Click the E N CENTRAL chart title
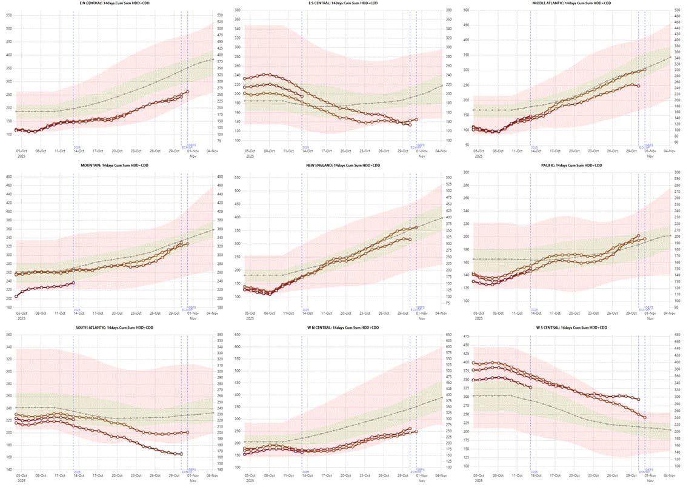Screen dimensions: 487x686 point(115,3)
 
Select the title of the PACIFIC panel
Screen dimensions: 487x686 point(571,165)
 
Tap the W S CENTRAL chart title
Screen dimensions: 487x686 point(571,327)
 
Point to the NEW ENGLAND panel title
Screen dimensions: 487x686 point(343,165)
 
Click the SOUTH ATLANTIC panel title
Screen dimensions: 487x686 point(115,327)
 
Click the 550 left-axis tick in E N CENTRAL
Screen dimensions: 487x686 point(9,14)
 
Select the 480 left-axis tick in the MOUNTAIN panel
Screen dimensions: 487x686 point(9,176)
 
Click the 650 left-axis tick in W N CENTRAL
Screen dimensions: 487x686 point(238,335)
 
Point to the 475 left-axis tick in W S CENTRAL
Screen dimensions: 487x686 point(466,335)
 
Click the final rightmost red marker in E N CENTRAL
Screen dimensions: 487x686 point(187,92)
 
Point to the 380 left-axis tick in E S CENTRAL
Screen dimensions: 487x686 point(238,11)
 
